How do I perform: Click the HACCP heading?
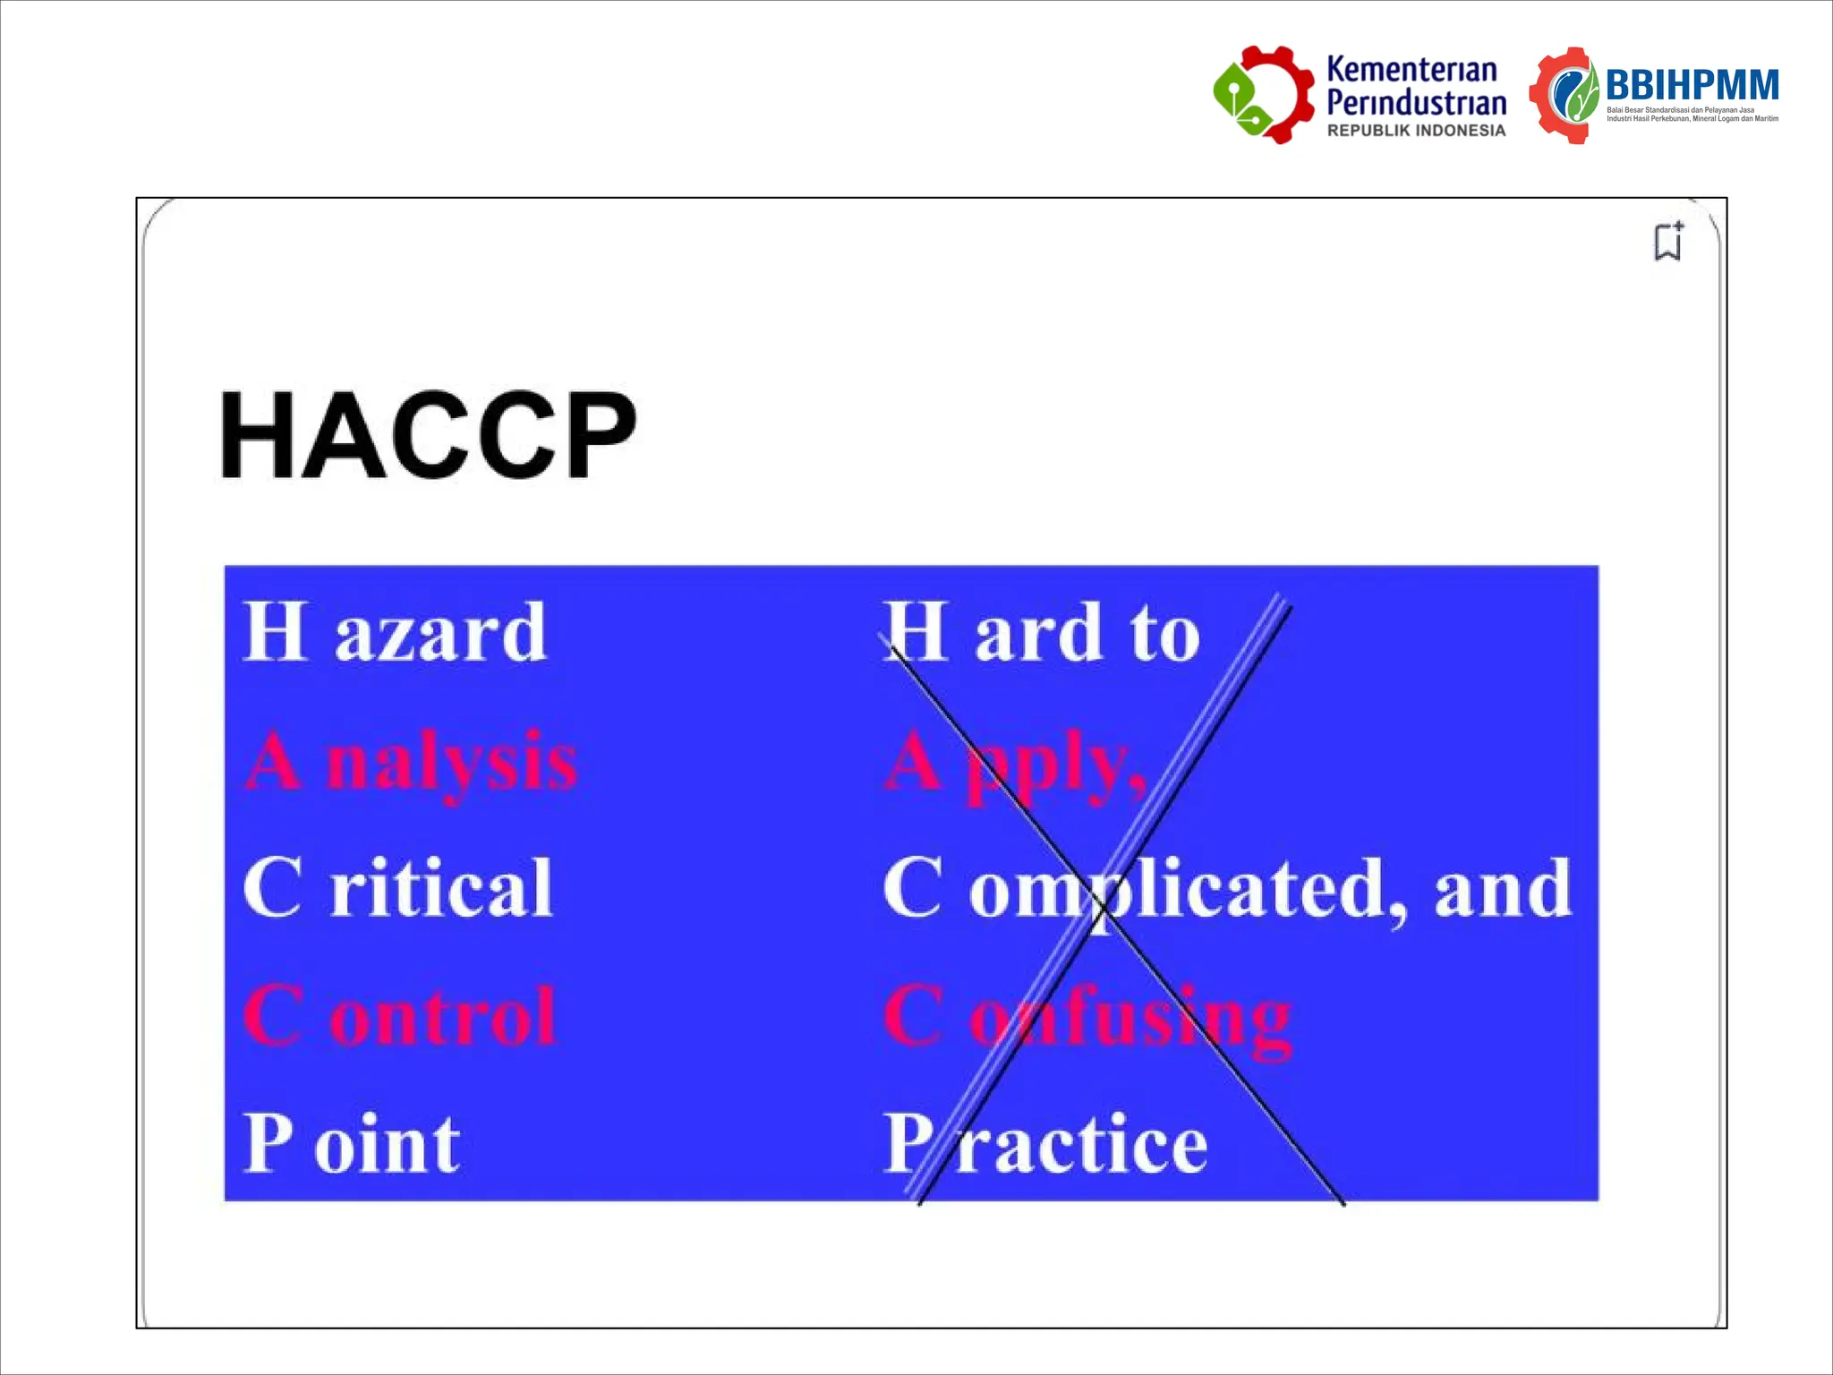[428, 435]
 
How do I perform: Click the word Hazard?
[395, 632]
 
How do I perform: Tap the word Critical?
[397, 887]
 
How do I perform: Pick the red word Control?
[399, 1016]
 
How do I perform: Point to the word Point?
[352, 1143]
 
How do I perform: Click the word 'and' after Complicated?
[1503, 889]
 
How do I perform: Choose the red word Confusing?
[1087, 1019]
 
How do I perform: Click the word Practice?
[1045, 1143]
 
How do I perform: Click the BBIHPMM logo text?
[1692, 86]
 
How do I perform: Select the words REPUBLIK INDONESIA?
[1416, 131]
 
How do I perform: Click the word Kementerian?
[1411, 69]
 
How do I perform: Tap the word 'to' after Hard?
[1164, 634]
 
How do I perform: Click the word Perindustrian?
[1416, 102]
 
